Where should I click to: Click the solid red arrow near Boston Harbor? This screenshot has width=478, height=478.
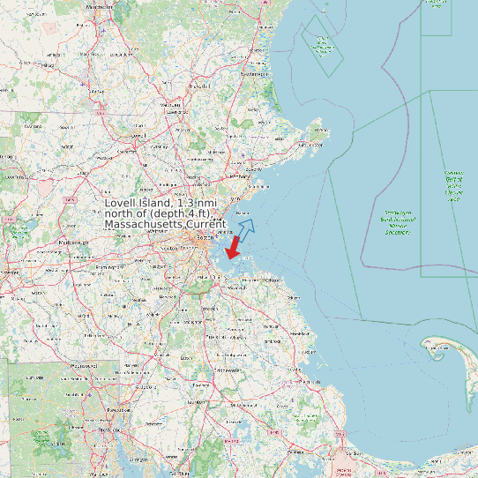pos(234,247)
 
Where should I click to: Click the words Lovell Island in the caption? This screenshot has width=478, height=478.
pos(139,204)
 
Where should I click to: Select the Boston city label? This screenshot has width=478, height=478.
pos(205,238)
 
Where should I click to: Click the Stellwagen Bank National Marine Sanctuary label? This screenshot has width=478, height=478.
pos(398,223)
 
